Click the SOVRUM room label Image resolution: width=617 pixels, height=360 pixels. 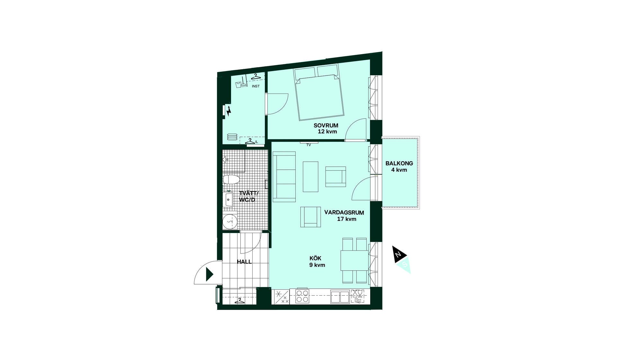tap(326, 126)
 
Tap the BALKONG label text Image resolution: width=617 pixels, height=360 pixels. tap(399, 163)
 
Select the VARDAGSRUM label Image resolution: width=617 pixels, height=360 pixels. tap(344, 212)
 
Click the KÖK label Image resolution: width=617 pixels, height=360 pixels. tap(315, 258)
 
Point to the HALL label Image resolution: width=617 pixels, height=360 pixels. tap(244, 262)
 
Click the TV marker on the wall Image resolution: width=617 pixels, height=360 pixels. tap(308, 145)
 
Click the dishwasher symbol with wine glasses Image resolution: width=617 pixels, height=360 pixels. tap(358, 296)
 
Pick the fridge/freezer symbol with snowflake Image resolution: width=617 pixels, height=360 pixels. tap(281, 297)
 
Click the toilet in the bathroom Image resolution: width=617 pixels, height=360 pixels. tap(231, 180)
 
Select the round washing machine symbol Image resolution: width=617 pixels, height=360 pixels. tap(230, 221)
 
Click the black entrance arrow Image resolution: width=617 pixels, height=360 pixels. tap(210, 274)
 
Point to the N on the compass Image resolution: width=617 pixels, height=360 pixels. tap(398, 254)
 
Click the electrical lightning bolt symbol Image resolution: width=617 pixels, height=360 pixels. tap(229, 111)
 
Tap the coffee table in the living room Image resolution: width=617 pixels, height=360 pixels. tap(310, 177)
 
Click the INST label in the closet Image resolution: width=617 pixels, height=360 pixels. tap(256, 86)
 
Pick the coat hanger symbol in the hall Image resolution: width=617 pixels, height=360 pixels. tap(239, 301)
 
